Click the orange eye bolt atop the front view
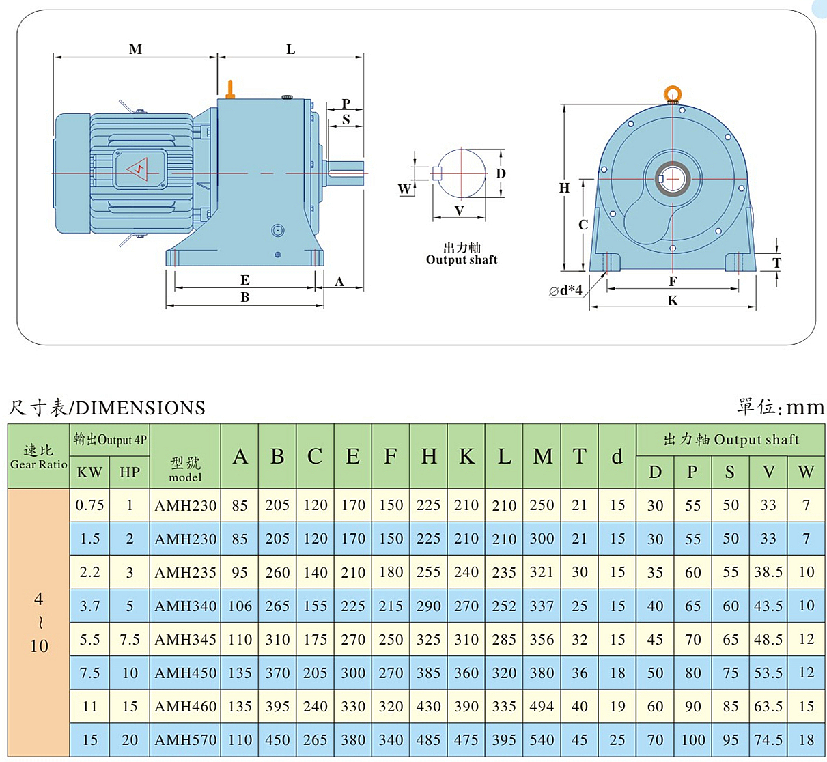pyautogui.click(x=673, y=93)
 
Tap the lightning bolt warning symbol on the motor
pyautogui.click(x=138, y=168)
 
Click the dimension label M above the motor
pyautogui.click(x=135, y=49)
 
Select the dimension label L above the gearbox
pyautogui.click(x=291, y=49)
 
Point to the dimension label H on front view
pyautogui.click(x=564, y=188)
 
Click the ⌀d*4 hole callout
pyautogui.click(x=566, y=291)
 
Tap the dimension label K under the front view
pyautogui.click(x=673, y=300)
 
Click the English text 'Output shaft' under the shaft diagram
pyautogui.click(x=462, y=259)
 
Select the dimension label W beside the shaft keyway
pyautogui.click(x=405, y=188)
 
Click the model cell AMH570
pyautogui.click(x=186, y=739)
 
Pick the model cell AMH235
pyautogui.click(x=186, y=572)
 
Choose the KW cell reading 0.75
pyautogui.click(x=89, y=505)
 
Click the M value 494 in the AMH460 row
pyautogui.click(x=542, y=706)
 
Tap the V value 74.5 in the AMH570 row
pyautogui.click(x=768, y=739)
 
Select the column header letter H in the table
pyautogui.click(x=429, y=456)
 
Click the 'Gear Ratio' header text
pyautogui.click(x=39, y=464)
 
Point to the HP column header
pyautogui.click(x=130, y=472)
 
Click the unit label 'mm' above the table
pyautogui.click(x=805, y=408)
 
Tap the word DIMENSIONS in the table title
pyautogui.click(x=141, y=408)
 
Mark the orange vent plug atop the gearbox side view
pyautogui.click(x=231, y=89)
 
